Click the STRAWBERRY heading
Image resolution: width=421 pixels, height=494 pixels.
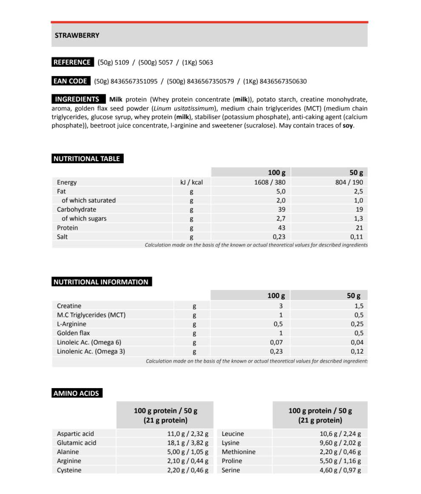(x=77, y=36)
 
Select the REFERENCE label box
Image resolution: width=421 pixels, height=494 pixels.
(x=72, y=62)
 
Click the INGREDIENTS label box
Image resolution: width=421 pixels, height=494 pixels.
(x=77, y=99)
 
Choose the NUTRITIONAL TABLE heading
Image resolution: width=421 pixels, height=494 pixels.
(x=87, y=159)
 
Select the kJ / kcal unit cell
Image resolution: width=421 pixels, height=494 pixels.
(x=192, y=182)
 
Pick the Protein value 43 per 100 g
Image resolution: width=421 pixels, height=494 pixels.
(x=281, y=228)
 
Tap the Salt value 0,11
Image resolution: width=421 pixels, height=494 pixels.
(x=357, y=237)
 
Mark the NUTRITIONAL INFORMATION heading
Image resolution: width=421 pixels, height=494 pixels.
(x=101, y=282)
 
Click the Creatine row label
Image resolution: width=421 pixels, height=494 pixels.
(x=69, y=306)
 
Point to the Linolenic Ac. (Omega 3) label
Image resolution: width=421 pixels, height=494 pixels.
(x=91, y=352)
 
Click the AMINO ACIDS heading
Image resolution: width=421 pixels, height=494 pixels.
(x=76, y=393)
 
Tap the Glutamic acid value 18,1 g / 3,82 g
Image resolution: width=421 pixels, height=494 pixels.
(x=188, y=443)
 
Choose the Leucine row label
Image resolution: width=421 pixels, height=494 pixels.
(x=233, y=434)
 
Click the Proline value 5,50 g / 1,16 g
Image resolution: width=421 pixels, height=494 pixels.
(x=340, y=461)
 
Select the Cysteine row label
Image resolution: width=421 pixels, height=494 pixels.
(x=69, y=470)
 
